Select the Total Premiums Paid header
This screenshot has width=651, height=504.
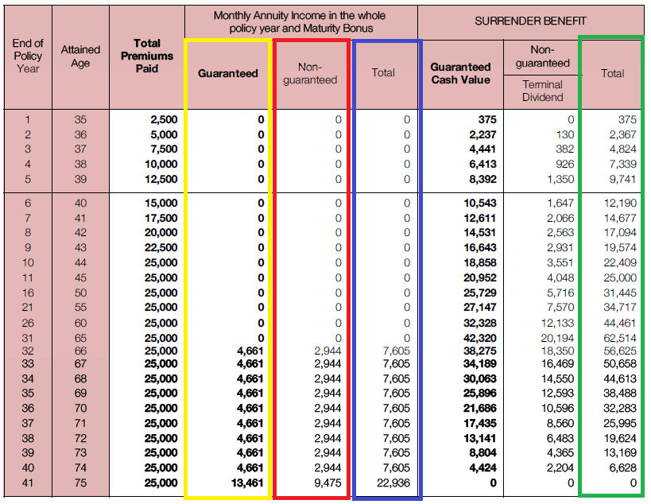[x=147, y=56]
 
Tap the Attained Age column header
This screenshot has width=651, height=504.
[x=80, y=56]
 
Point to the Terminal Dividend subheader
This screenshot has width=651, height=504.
[x=544, y=91]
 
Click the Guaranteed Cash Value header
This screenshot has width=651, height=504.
[x=460, y=73]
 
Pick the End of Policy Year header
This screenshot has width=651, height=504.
[x=28, y=56]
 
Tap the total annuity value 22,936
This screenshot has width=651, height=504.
[x=395, y=483]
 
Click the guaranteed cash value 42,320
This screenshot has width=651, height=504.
[x=479, y=338]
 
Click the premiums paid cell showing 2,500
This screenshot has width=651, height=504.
[x=164, y=119]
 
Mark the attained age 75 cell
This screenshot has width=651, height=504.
[x=80, y=483]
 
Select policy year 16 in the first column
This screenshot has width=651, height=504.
[x=28, y=293]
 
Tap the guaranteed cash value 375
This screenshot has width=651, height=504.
[x=487, y=119]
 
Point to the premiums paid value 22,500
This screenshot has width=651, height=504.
[x=161, y=248]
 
